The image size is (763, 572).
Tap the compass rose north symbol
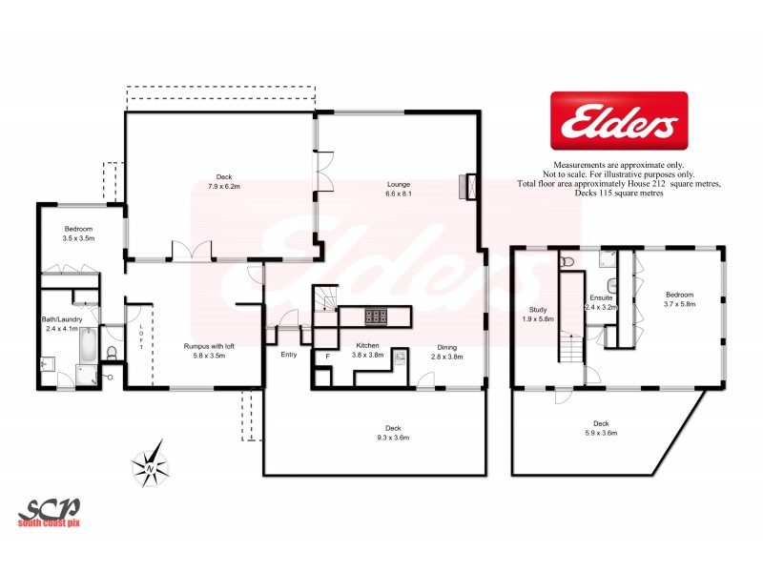pyautogui.click(x=150, y=466)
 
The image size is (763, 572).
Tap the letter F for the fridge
pyautogui.click(x=327, y=356)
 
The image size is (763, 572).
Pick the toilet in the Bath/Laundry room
pyautogui.click(x=112, y=354)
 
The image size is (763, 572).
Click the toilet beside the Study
pyautogui.click(x=567, y=260)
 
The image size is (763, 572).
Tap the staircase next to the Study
pyautogui.click(x=572, y=349)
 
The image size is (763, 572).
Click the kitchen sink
pyautogui.click(x=400, y=357)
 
